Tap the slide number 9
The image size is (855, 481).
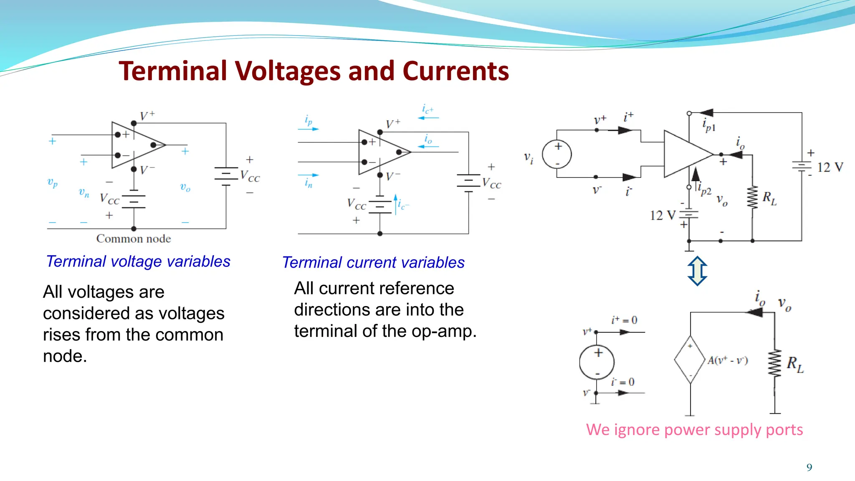click(x=809, y=467)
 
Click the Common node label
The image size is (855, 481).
click(x=134, y=239)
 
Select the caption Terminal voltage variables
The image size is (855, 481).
click(x=138, y=261)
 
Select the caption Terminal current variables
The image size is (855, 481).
click(x=373, y=263)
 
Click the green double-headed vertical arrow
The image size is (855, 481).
click(x=697, y=271)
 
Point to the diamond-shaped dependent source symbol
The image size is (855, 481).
click(x=690, y=359)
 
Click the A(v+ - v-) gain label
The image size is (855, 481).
click(x=727, y=360)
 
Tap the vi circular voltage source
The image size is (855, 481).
click(x=557, y=154)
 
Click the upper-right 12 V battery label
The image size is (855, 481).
click(x=830, y=167)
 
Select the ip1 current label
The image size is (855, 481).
click(x=708, y=125)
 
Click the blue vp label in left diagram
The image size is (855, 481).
click(x=52, y=182)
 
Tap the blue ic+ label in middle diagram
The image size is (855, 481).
click(x=427, y=109)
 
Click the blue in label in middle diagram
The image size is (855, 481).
click(x=309, y=183)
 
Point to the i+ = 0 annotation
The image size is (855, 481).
click(x=624, y=320)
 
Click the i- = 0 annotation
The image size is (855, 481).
click(x=622, y=382)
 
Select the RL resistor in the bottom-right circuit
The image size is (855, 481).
click(x=775, y=363)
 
